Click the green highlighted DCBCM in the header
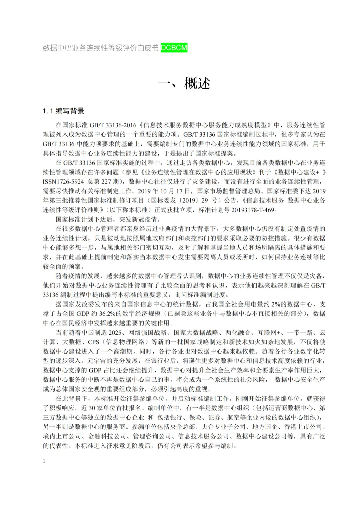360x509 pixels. [x=174, y=48]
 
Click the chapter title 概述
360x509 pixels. [x=197, y=83]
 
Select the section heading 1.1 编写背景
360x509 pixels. [x=63, y=111]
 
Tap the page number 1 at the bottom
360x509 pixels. [x=44, y=461]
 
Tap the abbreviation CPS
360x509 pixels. [x=94, y=342]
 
